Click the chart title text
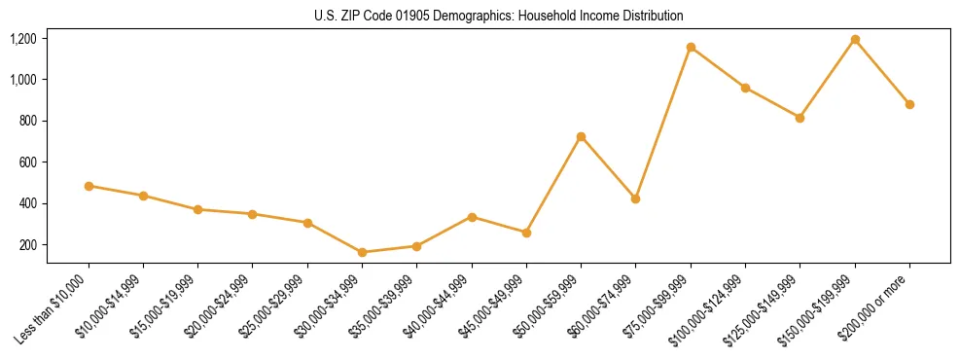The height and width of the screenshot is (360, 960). click(x=498, y=16)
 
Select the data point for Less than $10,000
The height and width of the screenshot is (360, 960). click(x=89, y=186)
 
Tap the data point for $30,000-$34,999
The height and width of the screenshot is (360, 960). click(x=362, y=252)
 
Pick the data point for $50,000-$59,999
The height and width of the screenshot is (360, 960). click(x=581, y=136)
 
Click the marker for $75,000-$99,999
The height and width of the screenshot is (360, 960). click(x=691, y=47)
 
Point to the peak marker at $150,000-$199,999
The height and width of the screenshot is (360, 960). click(x=855, y=39)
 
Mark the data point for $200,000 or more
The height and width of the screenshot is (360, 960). click(x=909, y=104)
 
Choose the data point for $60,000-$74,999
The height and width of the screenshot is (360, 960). click(x=635, y=198)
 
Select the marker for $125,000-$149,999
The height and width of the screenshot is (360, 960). click(x=800, y=118)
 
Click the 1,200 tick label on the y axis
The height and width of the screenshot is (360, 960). click(x=23, y=39)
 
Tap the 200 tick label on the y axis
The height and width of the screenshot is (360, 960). click(x=27, y=245)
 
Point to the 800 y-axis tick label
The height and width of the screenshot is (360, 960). click(x=27, y=122)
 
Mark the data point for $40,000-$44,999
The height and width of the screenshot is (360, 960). click(x=472, y=217)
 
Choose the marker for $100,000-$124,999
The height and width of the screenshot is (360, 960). click(x=745, y=88)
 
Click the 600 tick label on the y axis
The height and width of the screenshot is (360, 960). click(x=27, y=162)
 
